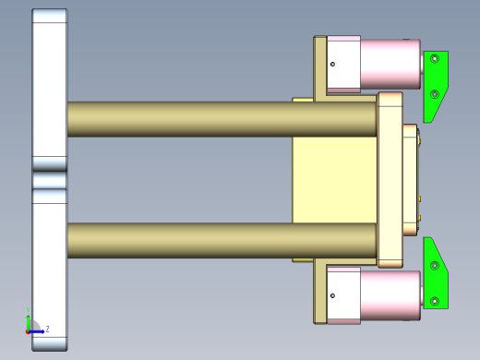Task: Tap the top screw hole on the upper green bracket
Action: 435,59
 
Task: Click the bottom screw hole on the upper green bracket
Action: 435,93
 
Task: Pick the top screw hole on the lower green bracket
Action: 435,266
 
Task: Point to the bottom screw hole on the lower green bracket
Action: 435,300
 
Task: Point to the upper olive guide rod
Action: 222,119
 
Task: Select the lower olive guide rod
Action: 222,240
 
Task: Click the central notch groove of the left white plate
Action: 50,180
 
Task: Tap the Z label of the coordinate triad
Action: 47,329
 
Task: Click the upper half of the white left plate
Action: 50,88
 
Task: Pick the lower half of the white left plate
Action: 50,268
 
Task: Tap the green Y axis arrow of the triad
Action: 29,319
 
